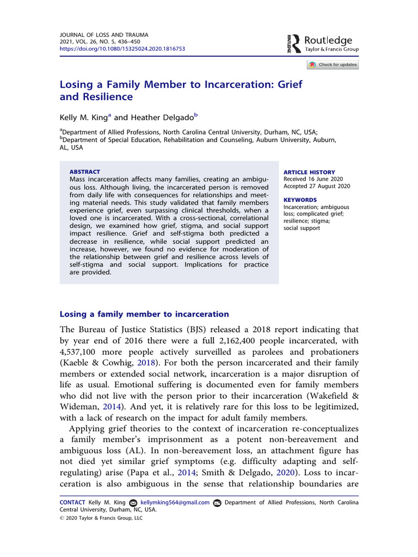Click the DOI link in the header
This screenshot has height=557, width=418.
[122, 48]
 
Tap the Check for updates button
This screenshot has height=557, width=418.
[333, 65]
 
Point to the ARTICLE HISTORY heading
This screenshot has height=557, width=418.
[309, 172]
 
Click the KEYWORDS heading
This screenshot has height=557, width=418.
[300, 200]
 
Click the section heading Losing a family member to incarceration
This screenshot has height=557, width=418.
[144, 314]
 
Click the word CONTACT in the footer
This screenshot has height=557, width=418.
[72, 503]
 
